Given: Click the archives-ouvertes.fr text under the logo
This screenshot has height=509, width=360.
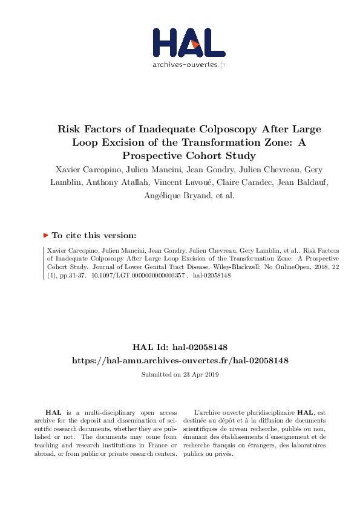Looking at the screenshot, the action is (189, 64).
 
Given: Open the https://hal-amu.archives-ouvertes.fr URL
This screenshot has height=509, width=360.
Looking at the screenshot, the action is (180, 360).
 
